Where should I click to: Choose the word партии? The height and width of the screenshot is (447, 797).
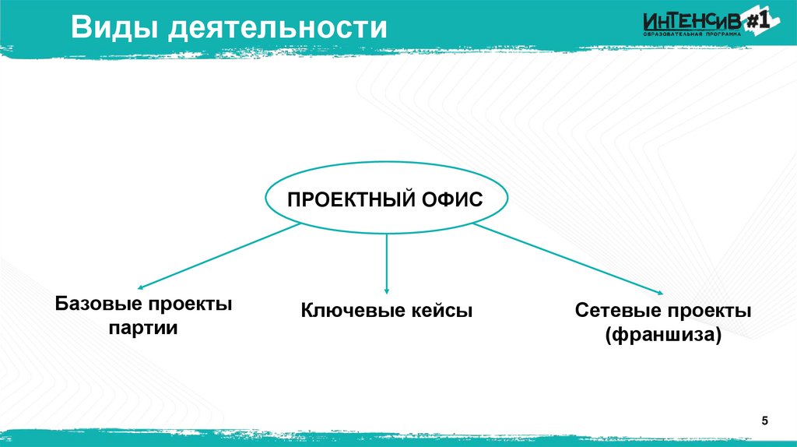tap(145, 328)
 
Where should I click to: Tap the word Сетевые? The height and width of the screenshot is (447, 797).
tap(615, 311)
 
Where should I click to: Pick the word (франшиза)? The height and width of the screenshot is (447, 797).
tap(664, 336)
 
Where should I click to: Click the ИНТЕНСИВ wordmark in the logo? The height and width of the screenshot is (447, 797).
tap(691, 23)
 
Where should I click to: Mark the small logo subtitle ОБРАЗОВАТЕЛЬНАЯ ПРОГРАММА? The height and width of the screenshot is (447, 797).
tap(687, 36)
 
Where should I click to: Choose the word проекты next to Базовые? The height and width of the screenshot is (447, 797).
tap(191, 303)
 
